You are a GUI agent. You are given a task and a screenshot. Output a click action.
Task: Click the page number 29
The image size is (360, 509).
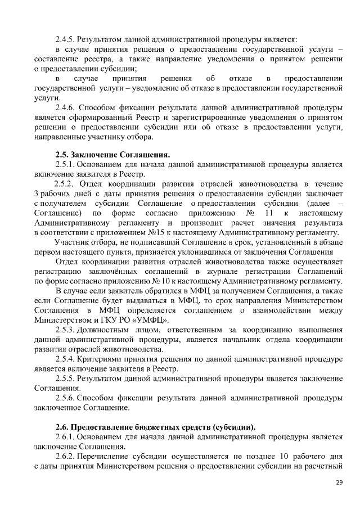(x=339, y=482)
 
